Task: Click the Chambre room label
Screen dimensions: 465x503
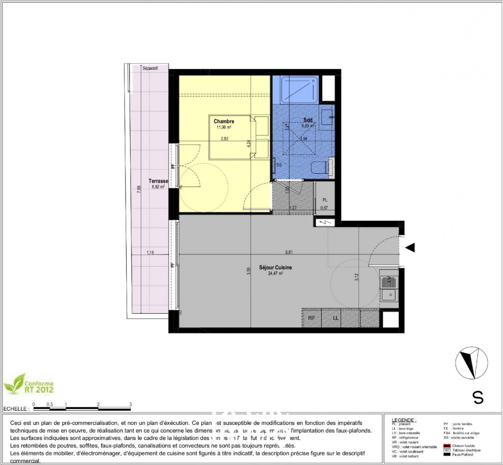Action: [223, 121]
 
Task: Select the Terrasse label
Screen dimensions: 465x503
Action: [158, 181]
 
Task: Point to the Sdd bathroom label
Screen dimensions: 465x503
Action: [307, 119]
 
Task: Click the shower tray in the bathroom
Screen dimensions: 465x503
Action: [295, 89]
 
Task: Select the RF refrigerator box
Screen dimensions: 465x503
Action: [311, 318]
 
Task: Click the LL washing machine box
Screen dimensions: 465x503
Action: [336, 318]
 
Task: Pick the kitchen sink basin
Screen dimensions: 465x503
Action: [390, 294]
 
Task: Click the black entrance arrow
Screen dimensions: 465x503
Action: [411, 248]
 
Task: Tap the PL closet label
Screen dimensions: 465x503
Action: [325, 200]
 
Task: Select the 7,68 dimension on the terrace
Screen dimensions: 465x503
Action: [139, 188]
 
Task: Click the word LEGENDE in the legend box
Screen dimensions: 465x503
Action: [404, 420]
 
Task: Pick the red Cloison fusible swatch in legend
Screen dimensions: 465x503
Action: [447, 445]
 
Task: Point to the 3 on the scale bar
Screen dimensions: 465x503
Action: [131, 404]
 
